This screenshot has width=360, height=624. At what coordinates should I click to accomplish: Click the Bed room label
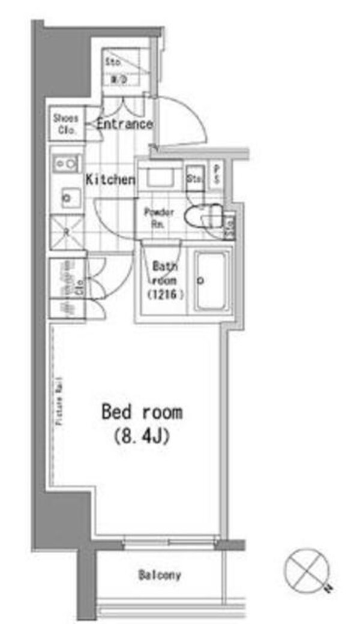142,412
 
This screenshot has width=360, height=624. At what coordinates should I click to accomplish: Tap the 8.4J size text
142,436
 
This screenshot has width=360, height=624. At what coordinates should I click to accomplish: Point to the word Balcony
160,575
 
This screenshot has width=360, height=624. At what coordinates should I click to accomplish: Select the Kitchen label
110,179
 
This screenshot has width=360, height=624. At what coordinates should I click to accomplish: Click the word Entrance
124,124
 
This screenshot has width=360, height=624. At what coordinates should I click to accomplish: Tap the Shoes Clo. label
66,122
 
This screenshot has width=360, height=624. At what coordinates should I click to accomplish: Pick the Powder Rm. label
159,217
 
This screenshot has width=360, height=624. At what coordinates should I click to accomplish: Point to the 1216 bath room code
163,295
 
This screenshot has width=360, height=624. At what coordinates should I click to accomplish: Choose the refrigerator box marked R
67,230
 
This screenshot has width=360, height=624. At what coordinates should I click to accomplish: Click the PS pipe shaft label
216,175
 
